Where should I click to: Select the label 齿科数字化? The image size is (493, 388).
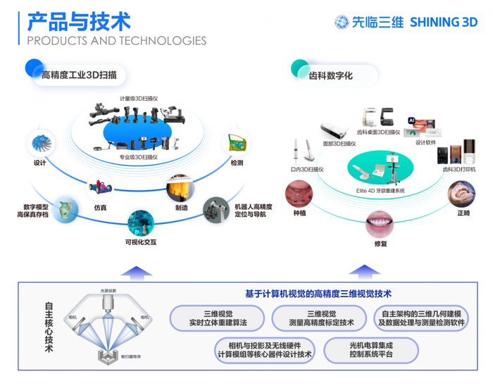(330, 73)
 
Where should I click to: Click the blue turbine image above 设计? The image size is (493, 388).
(39, 144)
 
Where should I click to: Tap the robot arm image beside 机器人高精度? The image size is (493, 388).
(216, 209)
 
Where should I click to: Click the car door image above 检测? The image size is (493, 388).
(236, 144)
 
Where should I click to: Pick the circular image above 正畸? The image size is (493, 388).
(462, 194)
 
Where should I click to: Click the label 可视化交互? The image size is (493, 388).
(141, 242)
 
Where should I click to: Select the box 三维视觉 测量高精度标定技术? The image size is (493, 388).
(320, 319)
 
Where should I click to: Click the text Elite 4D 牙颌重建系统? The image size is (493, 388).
(381, 190)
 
